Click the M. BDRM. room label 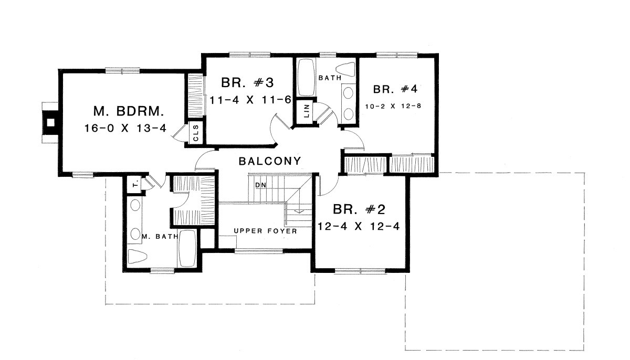pos(129,112)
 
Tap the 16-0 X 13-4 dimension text pos(125,129)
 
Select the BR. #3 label pos(247,82)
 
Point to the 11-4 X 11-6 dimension pos(250,100)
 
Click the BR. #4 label pos(395,89)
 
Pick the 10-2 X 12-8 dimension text pos(393,106)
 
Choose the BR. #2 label pos(359,209)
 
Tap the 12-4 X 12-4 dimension pos(358,226)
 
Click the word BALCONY pos(270,161)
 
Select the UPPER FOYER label pos(266,231)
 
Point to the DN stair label pos(260,185)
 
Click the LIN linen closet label pos(307,111)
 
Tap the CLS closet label pos(196,133)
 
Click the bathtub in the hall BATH pos(306,77)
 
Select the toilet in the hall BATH pos(345,69)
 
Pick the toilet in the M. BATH pos(138,256)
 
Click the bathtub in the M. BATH pos(187,248)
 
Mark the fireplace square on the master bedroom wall pos(50,122)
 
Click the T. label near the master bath pos(135,184)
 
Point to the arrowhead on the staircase pos(300,211)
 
